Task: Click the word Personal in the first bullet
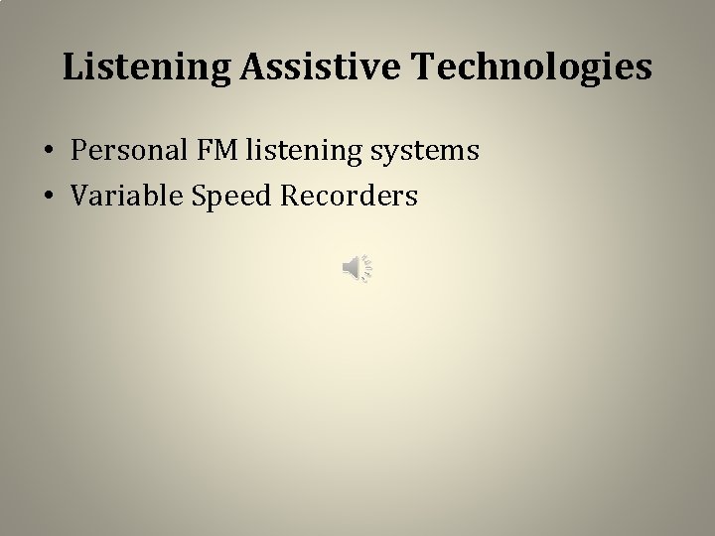(x=121, y=151)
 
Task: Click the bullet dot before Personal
(x=47, y=153)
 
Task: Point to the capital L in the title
(x=71, y=67)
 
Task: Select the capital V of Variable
(x=78, y=197)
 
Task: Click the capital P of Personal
(x=78, y=151)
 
